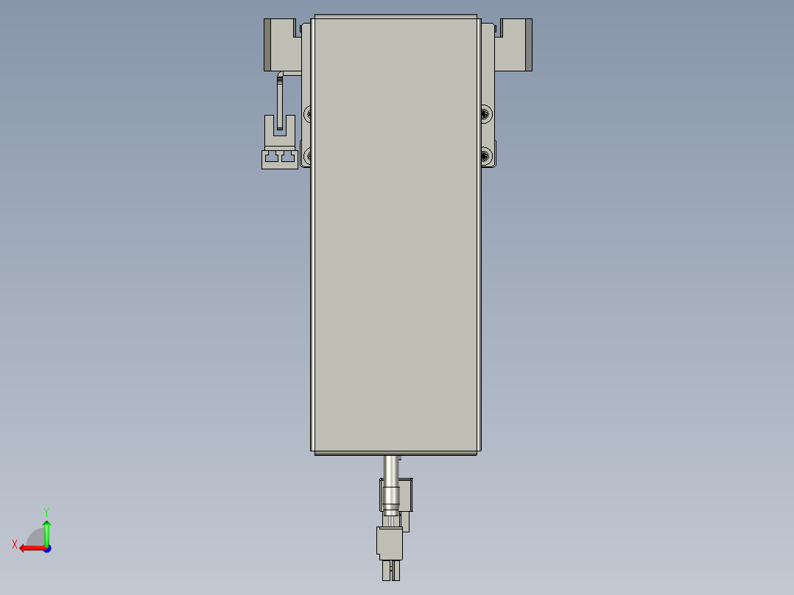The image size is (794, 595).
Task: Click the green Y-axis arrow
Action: pos(46,532)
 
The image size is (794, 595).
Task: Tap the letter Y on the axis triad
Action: pos(46,510)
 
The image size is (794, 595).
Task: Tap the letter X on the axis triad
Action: pos(15,544)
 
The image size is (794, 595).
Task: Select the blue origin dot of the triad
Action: pos(46,548)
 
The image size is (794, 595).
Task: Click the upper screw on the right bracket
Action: pos(485,113)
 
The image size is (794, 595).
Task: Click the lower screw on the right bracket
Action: pos(485,155)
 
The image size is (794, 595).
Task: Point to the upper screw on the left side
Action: pos(309,114)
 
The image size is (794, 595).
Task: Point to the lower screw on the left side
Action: pos(309,155)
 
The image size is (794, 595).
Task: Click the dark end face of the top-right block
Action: pos(528,44)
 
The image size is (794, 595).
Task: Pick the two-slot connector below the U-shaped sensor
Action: pos(280,158)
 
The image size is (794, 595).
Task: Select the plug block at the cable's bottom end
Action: pos(390,543)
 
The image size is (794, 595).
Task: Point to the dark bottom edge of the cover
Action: pos(397,453)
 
